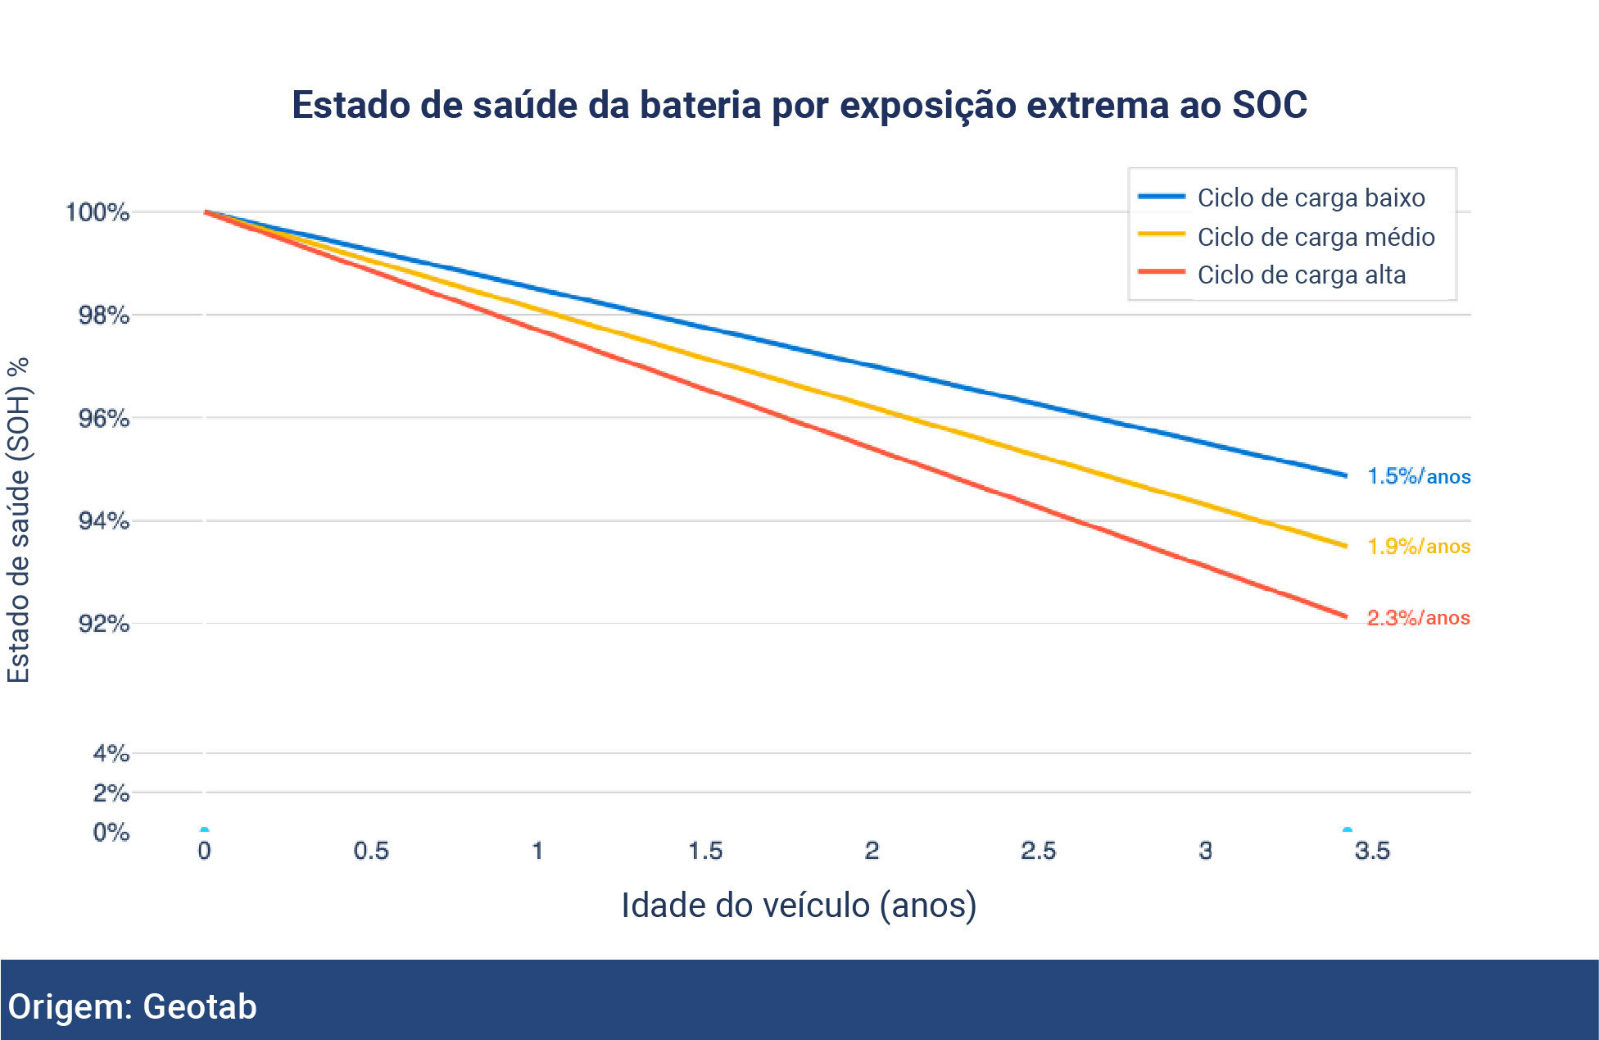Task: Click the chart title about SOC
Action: [799, 106]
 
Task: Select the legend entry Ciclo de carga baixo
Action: [1310, 198]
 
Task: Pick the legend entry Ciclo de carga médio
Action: [1315, 237]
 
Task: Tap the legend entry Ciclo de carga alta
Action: [1301, 275]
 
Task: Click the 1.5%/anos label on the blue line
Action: [1418, 476]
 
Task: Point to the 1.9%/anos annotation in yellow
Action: [1418, 546]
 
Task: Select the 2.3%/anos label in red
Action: [1418, 617]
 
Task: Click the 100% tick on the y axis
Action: [97, 212]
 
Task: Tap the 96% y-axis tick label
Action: [103, 418]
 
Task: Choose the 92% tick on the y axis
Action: [103, 624]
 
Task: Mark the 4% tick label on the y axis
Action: [111, 753]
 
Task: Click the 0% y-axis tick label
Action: [111, 832]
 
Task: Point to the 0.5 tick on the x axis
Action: [371, 851]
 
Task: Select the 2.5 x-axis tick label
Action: [1038, 851]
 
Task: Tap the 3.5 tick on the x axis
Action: [1372, 851]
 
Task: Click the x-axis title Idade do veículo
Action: [799, 906]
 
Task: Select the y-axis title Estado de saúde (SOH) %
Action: [18, 520]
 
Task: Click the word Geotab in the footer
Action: [199, 1006]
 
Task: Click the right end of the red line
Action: [1345, 615]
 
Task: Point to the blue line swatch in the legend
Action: [1162, 197]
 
